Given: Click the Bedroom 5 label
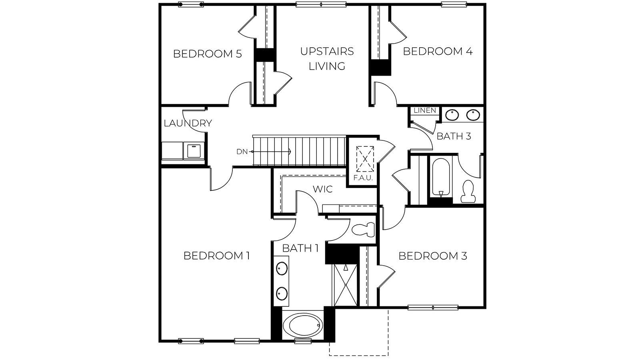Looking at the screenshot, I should pyautogui.click(x=207, y=54).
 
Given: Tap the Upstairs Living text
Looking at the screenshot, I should pyautogui.click(x=327, y=58).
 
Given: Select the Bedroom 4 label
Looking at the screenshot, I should pyautogui.click(x=438, y=51).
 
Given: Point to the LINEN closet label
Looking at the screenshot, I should pyautogui.click(x=424, y=110).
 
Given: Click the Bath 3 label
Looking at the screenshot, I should pyautogui.click(x=454, y=136).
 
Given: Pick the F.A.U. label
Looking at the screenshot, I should pyautogui.click(x=363, y=178).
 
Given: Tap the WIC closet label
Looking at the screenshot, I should pyautogui.click(x=322, y=189).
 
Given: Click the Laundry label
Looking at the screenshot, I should pyautogui.click(x=188, y=123).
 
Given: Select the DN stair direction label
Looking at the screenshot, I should pyautogui.click(x=242, y=151).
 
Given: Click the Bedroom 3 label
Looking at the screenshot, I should pyautogui.click(x=432, y=256).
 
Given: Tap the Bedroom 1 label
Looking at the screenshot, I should pyautogui.click(x=216, y=256).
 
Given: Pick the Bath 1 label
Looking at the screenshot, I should pyautogui.click(x=300, y=248).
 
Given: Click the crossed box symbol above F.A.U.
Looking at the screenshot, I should pyautogui.click(x=365, y=159).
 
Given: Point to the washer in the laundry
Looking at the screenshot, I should pyautogui.click(x=194, y=151).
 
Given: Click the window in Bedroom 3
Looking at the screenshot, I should pyautogui.click(x=433, y=308).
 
